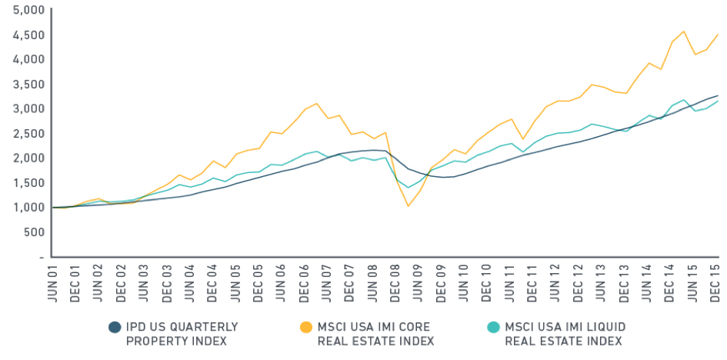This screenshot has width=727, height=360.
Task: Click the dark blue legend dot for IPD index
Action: [115, 327]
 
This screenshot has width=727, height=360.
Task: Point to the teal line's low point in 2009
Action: [409, 188]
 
